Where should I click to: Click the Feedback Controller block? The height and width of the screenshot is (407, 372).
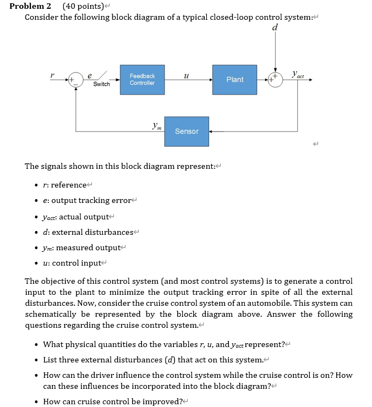point(142,80)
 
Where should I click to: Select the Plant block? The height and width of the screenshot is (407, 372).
point(234,80)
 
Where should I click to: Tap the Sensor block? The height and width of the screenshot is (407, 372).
point(187,131)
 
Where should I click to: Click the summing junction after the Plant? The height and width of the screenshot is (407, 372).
point(275,80)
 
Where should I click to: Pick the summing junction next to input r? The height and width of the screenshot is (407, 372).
point(76,80)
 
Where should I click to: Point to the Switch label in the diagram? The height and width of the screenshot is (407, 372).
point(102,84)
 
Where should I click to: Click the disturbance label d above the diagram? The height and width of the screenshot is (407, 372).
point(275,27)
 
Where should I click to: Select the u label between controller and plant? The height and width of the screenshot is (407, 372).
point(186,76)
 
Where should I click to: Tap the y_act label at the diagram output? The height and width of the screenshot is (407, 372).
point(298,74)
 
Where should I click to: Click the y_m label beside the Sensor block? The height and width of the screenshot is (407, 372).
point(157,126)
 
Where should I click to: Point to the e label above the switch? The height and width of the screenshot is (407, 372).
point(90,76)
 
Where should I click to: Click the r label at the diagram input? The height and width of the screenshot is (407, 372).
point(52,75)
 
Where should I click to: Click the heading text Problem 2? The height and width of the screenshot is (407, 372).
point(30,6)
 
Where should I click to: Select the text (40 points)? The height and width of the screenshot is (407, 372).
point(83,6)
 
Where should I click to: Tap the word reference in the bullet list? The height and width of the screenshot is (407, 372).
point(69,185)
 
